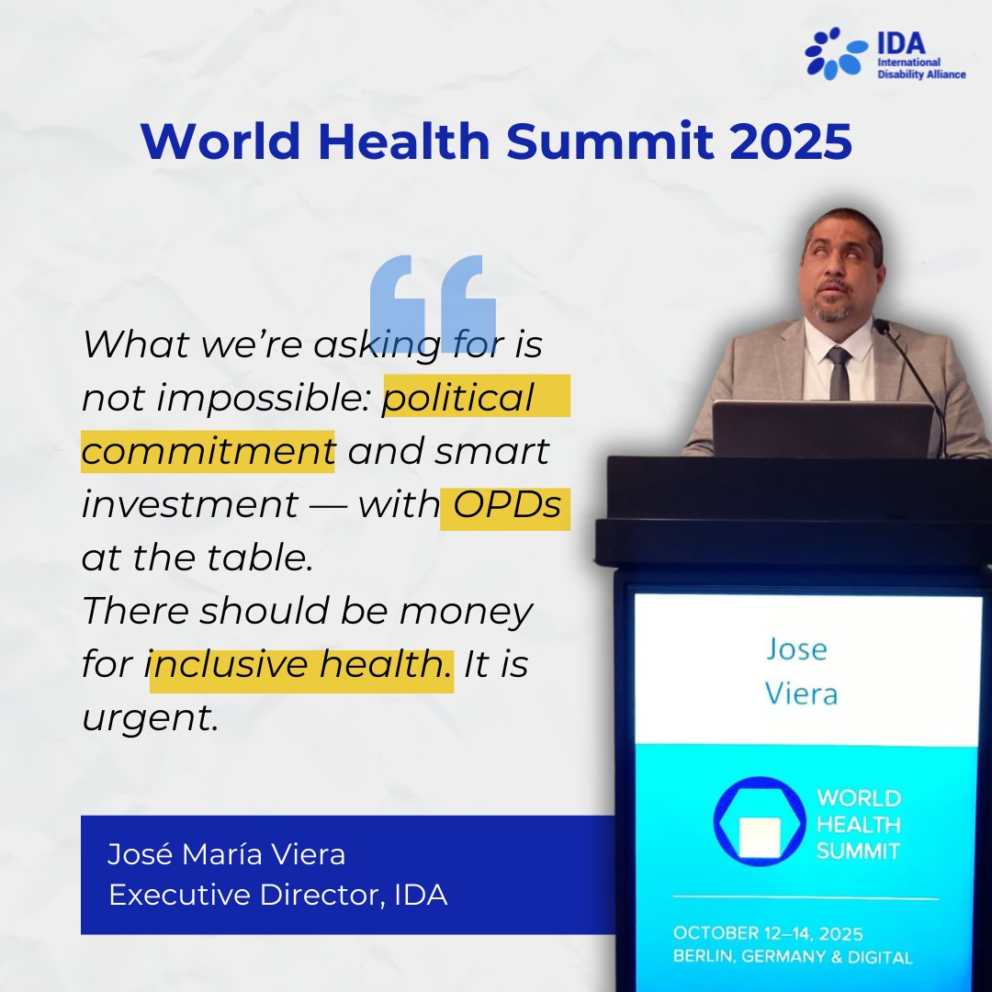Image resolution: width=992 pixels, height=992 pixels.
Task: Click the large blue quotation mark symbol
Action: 433,291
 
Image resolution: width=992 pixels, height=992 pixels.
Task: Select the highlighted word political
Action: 459,397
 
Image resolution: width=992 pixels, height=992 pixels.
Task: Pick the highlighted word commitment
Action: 208,451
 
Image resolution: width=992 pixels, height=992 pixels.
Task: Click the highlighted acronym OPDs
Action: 506,506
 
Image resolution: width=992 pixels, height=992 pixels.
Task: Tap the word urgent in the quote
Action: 152,719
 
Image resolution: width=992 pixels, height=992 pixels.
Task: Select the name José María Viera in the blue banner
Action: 226,854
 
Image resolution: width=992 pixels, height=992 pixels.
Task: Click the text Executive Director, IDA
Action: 277,895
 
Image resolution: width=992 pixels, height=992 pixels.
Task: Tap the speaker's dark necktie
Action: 838,373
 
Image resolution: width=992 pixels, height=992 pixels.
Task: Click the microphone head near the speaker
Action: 882,327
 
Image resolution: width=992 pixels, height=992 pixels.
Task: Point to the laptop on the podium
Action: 822,428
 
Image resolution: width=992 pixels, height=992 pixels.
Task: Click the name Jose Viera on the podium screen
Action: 800,671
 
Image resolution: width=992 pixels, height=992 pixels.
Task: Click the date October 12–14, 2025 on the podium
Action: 767,933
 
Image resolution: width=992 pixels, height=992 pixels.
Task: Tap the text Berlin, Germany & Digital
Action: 792,957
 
